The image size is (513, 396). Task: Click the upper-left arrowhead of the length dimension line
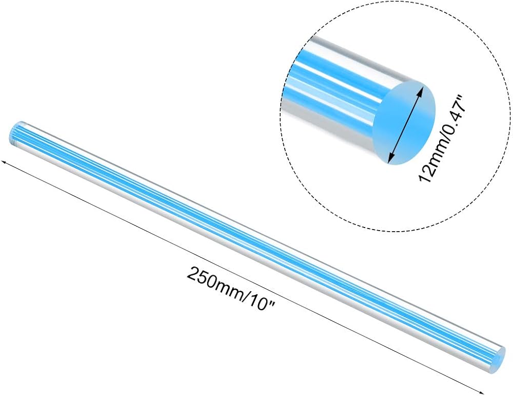(4, 162)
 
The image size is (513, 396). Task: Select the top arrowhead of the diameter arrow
(422, 89)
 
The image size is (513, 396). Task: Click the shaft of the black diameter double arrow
(406, 124)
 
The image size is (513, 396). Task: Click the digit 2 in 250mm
(192, 273)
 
